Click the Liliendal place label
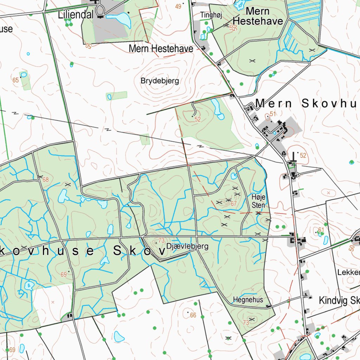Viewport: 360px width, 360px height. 76,15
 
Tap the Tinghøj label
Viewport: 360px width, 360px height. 207,15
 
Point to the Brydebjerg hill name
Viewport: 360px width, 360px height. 160,81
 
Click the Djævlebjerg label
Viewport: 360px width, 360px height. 187,246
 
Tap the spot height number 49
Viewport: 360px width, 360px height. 178,6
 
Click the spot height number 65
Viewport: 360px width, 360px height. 15,80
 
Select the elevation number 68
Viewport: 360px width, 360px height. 45,180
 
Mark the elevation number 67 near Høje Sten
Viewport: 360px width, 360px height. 234,204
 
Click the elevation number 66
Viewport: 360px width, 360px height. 193,315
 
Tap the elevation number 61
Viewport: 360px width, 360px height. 321,230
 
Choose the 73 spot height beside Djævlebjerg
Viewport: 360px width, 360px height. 161,240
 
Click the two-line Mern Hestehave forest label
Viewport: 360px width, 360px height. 258,16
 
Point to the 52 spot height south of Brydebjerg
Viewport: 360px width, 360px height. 198,120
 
